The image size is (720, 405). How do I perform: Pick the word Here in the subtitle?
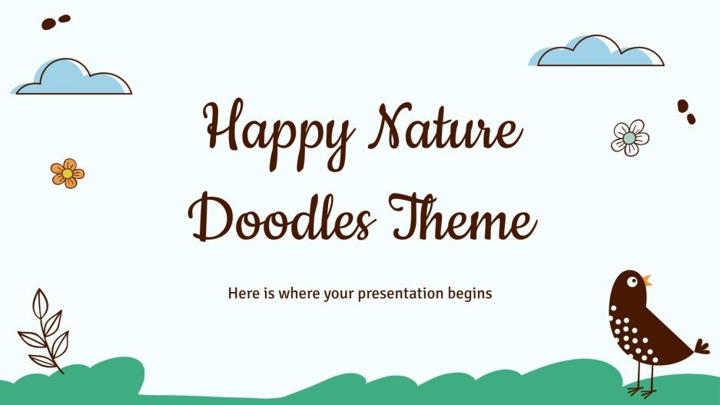(x=242, y=294)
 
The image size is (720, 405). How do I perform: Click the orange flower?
(x=68, y=173)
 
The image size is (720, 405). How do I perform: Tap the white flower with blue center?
(x=630, y=138)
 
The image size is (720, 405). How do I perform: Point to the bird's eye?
(x=632, y=281)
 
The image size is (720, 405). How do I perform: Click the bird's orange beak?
(x=647, y=281)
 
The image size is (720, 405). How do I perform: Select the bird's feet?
(x=642, y=389)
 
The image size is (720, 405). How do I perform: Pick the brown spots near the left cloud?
(x=55, y=22)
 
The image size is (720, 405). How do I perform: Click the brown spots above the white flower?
(x=685, y=111)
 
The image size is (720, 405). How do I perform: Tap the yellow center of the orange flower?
(x=68, y=174)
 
